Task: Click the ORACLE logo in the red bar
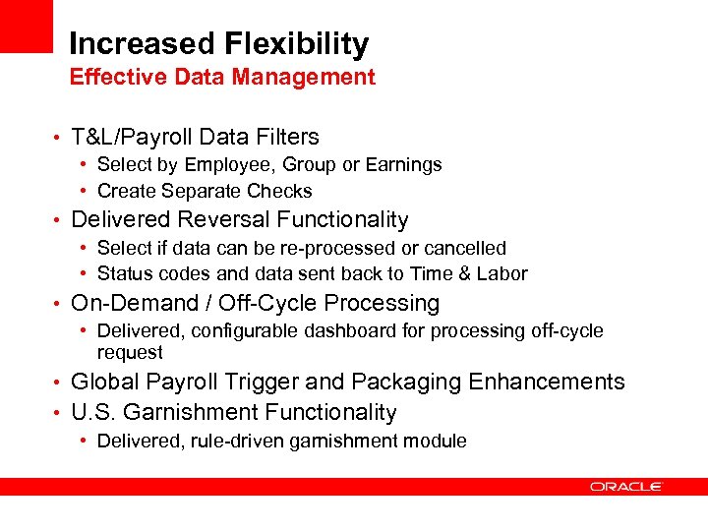click(x=626, y=486)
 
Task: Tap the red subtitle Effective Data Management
click(x=222, y=77)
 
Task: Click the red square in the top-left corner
click(x=26, y=26)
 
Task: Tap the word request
click(x=130, y=352)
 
